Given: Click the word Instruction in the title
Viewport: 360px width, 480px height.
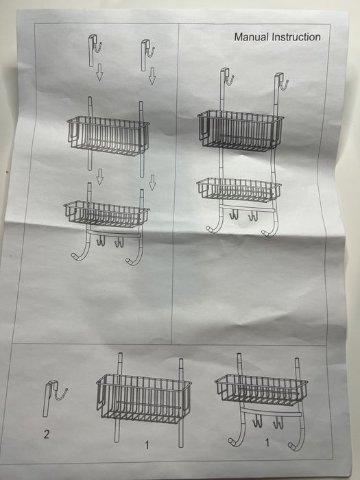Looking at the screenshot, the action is click(x=296, y=37).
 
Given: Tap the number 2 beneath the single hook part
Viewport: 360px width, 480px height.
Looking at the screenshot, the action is click(x=46, y=434).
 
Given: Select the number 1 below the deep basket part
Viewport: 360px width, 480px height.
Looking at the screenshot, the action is click(x=147, y=444).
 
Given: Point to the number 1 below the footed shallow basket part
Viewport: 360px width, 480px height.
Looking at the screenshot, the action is click(x=267, y=442).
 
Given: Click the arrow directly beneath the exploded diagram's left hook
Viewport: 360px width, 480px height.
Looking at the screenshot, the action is click(x=99, y=72).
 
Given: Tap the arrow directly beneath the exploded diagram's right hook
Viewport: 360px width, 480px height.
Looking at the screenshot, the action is click(x=152, y=76).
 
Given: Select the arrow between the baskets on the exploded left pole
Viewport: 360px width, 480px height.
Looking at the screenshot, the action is click(x=100, y=177).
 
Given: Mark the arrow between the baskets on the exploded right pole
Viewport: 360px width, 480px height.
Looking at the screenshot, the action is click(x=152, y=182).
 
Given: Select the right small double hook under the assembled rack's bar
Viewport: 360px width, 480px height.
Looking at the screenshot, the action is click(x=253, y=215).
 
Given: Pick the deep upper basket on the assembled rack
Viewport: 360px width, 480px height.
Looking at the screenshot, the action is click(x=240, y=131).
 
